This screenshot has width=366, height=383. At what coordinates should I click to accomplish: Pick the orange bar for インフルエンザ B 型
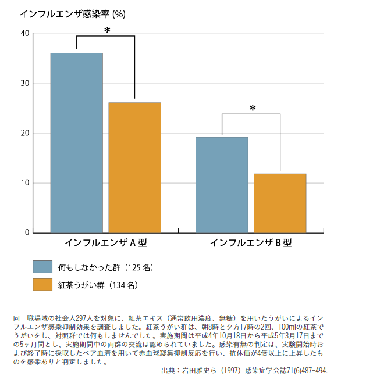point(280,203)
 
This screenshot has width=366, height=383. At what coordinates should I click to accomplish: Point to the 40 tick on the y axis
point(24,34)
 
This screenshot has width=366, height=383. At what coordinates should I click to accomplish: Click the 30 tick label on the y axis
point(24,83)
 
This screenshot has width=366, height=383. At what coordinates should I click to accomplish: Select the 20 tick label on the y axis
point(24,133)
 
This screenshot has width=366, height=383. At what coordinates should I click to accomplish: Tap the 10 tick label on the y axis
point(24,183)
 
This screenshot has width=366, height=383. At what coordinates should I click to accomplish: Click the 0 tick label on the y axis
point(27,232)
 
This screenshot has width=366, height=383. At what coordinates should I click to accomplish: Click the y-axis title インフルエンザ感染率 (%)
point(72,13)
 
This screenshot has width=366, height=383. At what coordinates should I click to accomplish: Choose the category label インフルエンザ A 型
point(105,242)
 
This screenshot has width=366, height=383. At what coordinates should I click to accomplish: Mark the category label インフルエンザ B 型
point(251,242)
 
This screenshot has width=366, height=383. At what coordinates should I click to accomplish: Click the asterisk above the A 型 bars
point(107,30)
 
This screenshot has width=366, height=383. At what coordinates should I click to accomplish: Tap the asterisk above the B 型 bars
point(253,108)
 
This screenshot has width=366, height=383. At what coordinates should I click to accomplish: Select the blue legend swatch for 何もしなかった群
point(43,267)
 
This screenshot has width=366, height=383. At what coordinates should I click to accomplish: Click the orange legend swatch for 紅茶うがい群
point(43,285)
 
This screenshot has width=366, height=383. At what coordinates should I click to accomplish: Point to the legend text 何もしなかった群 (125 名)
point(105,267)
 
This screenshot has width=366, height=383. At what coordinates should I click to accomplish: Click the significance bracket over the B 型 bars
point(251,114)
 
